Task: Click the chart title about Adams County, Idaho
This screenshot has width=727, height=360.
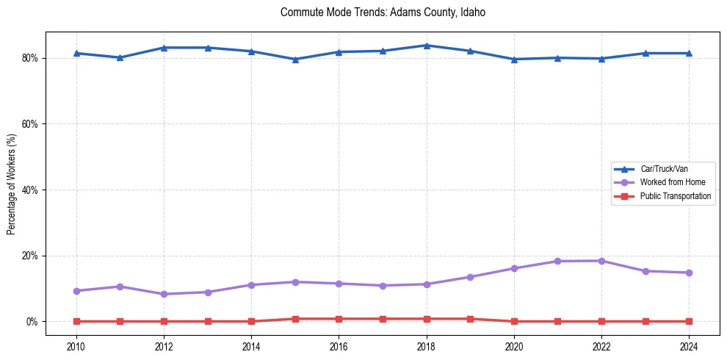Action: point(383,12)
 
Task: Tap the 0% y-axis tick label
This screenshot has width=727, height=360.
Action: point(32,322)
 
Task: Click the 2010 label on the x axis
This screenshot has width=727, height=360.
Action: point(76,346)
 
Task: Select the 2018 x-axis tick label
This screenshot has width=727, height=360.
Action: point(427,346)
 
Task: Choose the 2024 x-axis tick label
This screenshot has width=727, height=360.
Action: point(689,346)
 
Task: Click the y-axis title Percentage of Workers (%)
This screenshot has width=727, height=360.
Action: point(12,183)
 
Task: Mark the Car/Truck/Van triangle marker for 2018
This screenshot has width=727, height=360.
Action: point(427,46)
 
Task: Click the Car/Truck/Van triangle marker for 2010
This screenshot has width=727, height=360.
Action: point(76,53)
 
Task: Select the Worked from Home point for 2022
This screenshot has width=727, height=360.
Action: point(601,261)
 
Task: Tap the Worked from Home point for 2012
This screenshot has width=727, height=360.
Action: point(164,294)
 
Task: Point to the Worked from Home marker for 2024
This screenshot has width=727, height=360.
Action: point(689,273)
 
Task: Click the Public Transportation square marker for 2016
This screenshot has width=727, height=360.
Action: point(339,319)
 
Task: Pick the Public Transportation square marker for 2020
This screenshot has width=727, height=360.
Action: point(514,321)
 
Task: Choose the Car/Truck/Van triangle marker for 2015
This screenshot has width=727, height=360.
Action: point(295,60)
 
